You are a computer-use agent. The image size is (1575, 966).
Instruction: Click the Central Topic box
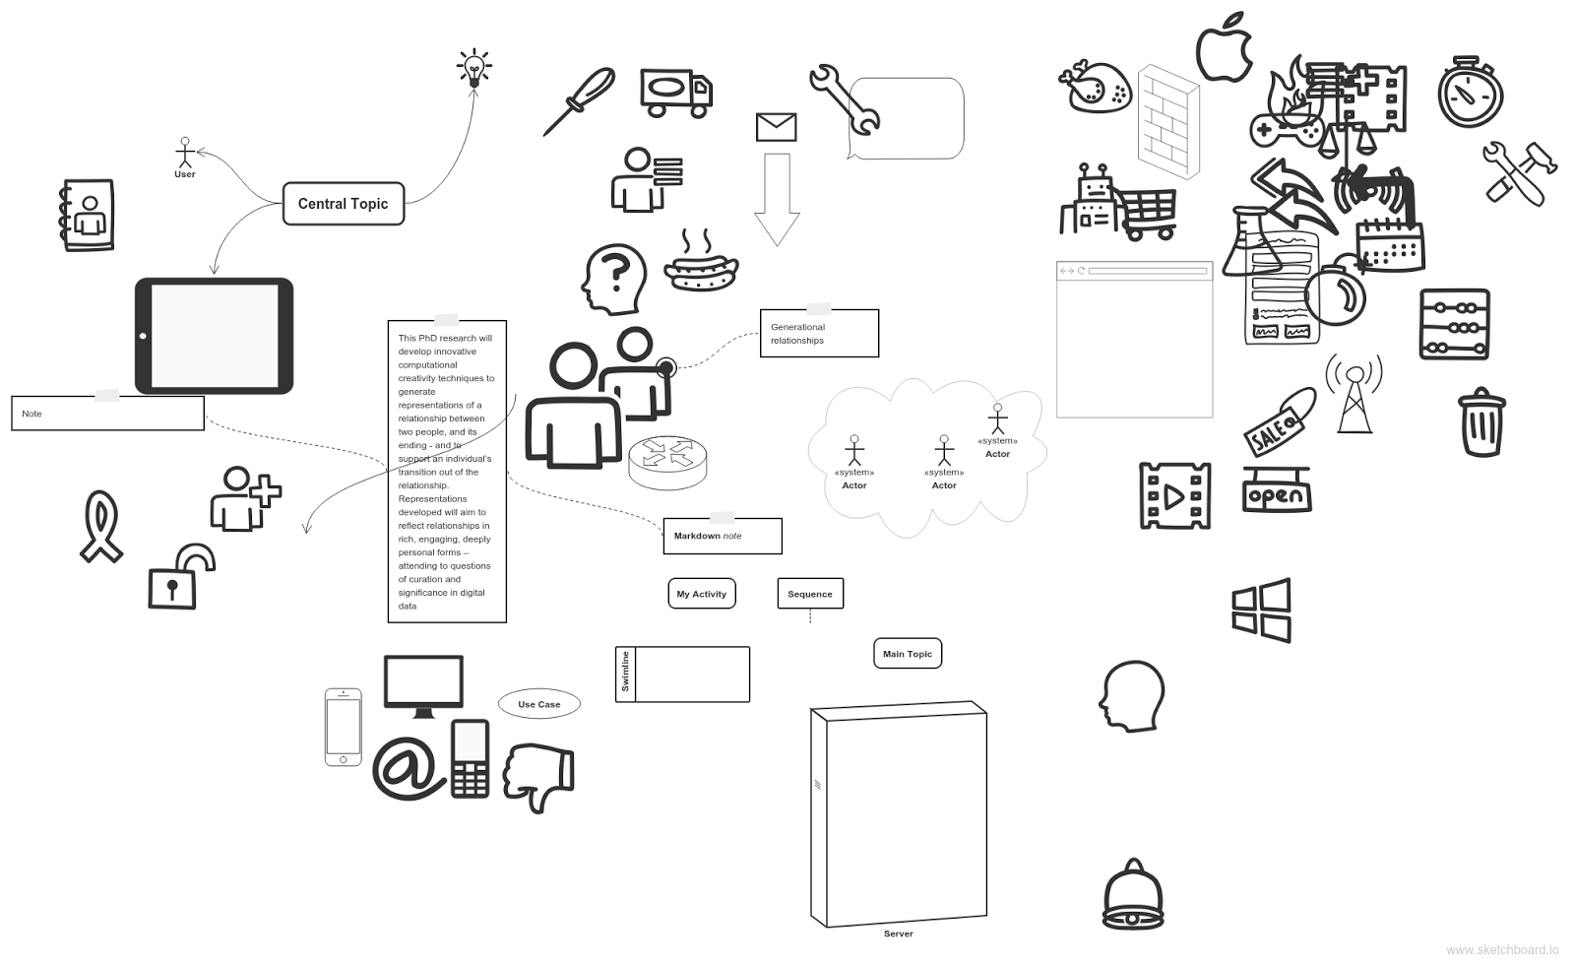coord(343,204)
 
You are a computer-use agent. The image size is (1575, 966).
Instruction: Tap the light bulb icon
coord(474,69)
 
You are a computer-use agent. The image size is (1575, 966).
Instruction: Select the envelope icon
coord(776,127)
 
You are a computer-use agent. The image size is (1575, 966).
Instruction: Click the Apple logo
coord(1224,47)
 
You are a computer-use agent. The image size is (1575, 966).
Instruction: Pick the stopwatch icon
coord(1470,94)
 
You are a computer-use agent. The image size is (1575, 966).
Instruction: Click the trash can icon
coord(1481,422)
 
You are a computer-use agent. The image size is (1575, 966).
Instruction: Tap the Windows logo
coord(1261,611)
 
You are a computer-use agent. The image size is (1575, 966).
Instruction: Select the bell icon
coord(1133,896)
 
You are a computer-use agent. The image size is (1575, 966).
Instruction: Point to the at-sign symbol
coord(405,766)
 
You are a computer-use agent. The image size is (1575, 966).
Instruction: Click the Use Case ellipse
coord(538,704)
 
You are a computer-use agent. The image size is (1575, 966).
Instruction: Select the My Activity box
coord(701,594)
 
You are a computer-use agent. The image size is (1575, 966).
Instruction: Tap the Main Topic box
coord(907,654)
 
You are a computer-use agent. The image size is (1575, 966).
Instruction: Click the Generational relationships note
coord(818,334)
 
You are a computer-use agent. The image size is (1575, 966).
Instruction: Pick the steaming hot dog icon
coord(701,264)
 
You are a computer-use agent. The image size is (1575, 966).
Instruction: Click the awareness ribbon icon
coord(100,527)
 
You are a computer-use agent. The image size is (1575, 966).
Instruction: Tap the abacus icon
coord(1454,324)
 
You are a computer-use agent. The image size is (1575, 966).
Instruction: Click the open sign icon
coord(1276,492)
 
